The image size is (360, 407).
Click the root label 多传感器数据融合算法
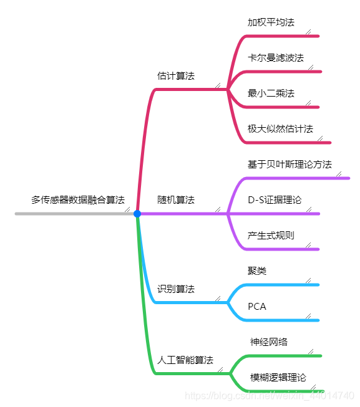tap(78, 200)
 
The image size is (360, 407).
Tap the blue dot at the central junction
tap(137, 214)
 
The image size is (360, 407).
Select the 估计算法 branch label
tap(176, 75)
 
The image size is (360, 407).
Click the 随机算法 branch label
tap(176, 200)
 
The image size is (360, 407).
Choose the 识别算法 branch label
tap(176, 289)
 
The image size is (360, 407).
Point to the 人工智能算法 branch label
tap(185, 360)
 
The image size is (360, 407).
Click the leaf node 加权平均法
tap(271, 22)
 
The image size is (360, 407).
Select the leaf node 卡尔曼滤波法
tap(276, 58)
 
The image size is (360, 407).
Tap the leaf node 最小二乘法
tap(271, 93)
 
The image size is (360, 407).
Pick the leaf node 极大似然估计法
tap(280, 128)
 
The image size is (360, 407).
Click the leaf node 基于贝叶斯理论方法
tap(289, 165)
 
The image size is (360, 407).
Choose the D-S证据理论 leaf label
tap(275, 200)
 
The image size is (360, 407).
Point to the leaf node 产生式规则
tap(271, 236)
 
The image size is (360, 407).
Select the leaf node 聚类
tap(257, 271)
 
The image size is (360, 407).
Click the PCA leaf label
tap(257, 307)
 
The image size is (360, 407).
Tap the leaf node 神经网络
tap(269, 342)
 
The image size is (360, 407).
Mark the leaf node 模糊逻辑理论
tap(278, 377)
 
